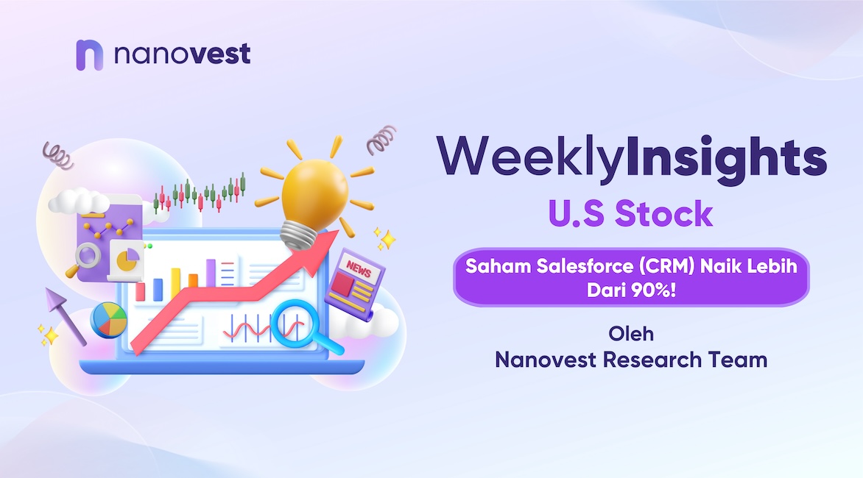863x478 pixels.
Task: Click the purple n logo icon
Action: pos(89,55)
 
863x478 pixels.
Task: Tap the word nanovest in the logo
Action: pos(182,54)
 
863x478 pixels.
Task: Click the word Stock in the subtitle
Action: pos(663,213)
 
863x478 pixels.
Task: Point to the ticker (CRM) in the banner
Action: pos(666,266)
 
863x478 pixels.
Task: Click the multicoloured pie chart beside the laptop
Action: pos(108,320)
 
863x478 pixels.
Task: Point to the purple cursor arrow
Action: pos(64,315)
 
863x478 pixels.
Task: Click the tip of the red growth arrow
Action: pos(337,232)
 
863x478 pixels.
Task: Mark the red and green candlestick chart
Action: pos(199,193)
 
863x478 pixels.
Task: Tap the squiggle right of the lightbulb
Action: pos(381,140)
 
